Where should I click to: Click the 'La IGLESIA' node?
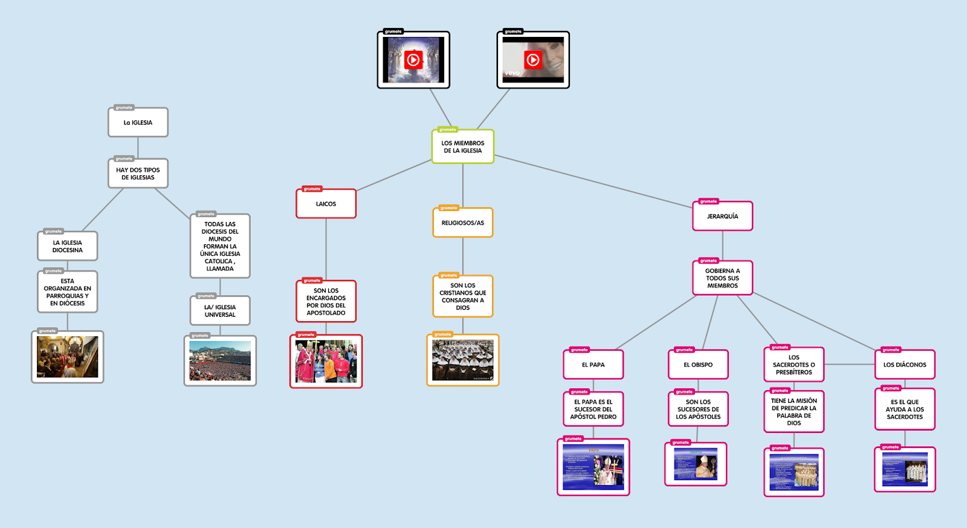tap(138, 123)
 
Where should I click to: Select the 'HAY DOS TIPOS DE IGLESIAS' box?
tap(138, 174)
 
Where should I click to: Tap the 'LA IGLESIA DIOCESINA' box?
tap(67, 247)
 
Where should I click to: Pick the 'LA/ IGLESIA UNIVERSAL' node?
tap(220, 311)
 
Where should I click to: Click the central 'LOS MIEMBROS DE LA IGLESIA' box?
tap(463, 147)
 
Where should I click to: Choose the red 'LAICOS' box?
tap(326, 204)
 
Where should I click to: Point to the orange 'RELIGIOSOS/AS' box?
tap(463, 223)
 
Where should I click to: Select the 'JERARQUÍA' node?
tap(722, 217)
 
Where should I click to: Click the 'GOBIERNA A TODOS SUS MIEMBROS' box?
tap(722, 278)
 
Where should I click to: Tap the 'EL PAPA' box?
tap(593, 365)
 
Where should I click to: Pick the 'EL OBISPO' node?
tap(698, 365)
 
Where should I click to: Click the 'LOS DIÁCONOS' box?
tap(905, 365)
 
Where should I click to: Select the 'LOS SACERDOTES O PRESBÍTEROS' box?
tap(794, 365)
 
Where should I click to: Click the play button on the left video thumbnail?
tap(413, 60)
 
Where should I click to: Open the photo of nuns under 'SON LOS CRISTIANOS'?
tap(463, 360)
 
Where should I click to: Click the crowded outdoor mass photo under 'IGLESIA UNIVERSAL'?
tap(220, 361)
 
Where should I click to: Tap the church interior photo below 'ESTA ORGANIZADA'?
tap(68, 357)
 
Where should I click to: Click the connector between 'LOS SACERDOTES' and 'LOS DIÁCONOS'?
tap(850, 365)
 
